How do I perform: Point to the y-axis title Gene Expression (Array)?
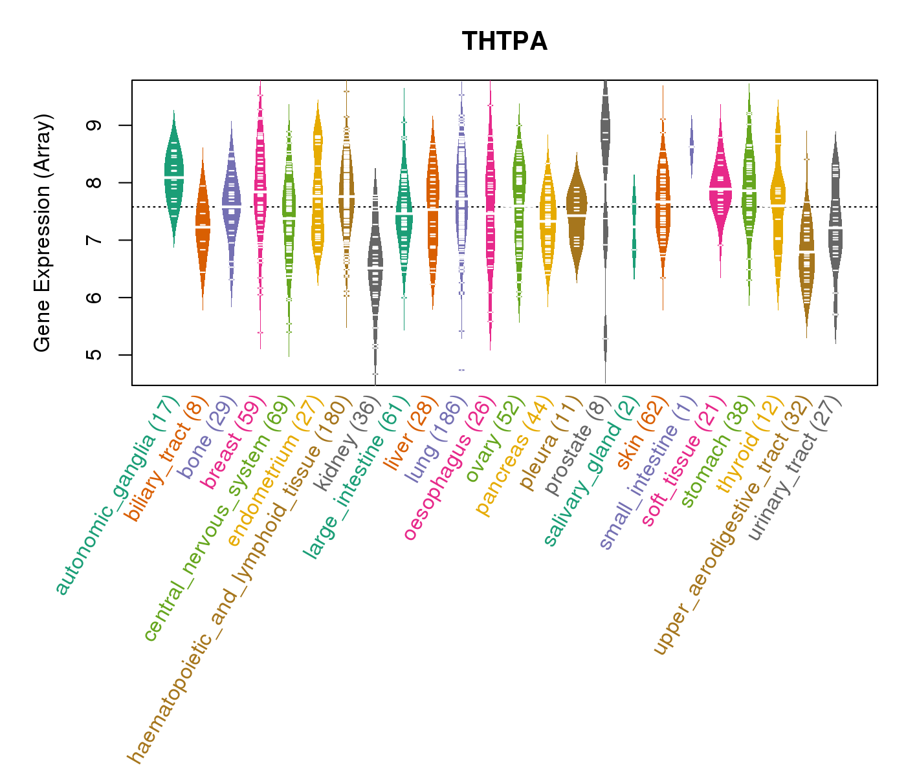(x=43, y=233)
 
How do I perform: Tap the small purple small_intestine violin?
(x=692, y=147)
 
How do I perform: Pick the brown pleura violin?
(x=577, y=213)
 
